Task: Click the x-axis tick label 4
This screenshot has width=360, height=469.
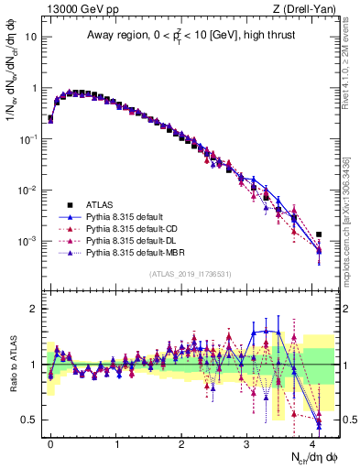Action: point(312,442)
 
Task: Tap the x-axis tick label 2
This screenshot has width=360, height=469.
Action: point(181,442)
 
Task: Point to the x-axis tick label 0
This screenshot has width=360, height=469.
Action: point(50,442)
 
